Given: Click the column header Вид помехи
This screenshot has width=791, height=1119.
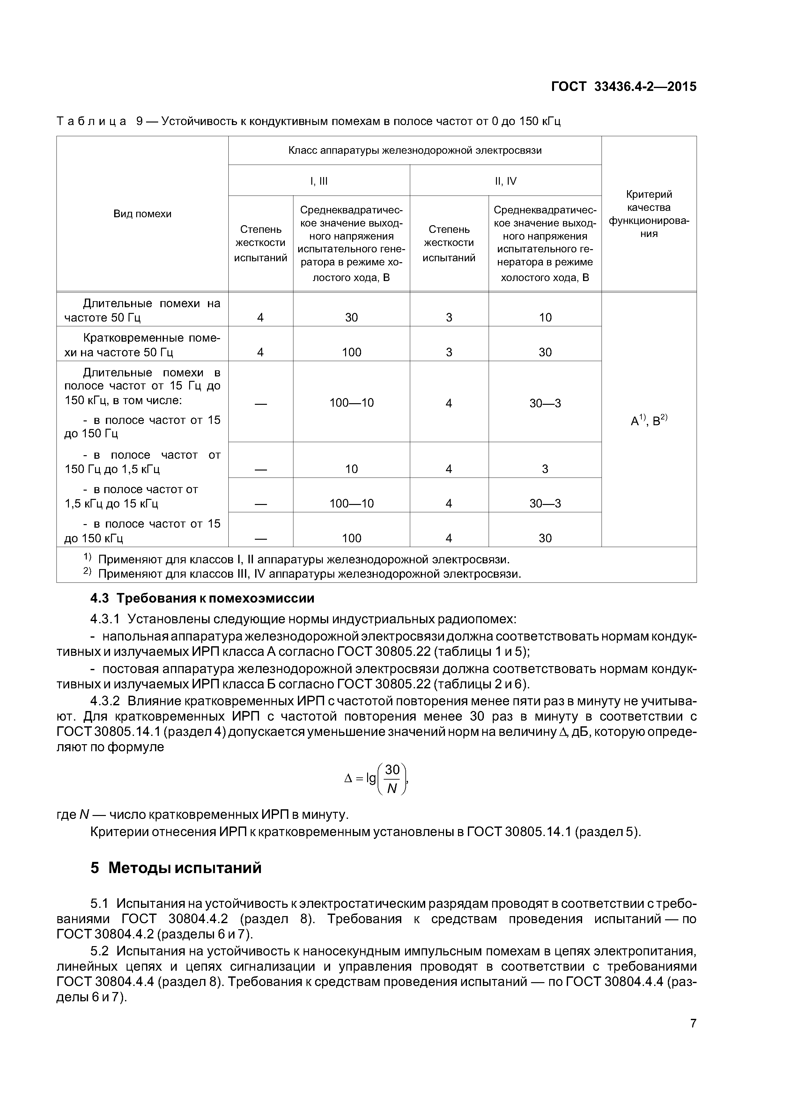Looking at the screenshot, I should click(x=142, y=214).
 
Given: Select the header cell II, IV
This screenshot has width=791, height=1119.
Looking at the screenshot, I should click(x=506, y=181).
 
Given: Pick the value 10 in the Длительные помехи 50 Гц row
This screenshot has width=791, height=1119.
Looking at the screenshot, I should click(x=545, y=318).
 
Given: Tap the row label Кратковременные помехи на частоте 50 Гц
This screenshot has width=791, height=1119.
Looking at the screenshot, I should click(x=142, y=345).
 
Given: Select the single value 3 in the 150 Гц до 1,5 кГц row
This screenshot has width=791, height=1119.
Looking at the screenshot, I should click(x=545, y=469).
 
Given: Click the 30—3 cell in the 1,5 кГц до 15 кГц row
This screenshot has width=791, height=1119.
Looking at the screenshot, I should click(x=545, y=503).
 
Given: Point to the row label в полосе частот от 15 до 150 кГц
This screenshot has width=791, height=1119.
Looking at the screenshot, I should click(x=142, y=531).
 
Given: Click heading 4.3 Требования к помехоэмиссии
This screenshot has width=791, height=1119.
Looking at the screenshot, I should click(x=202, y=598).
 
